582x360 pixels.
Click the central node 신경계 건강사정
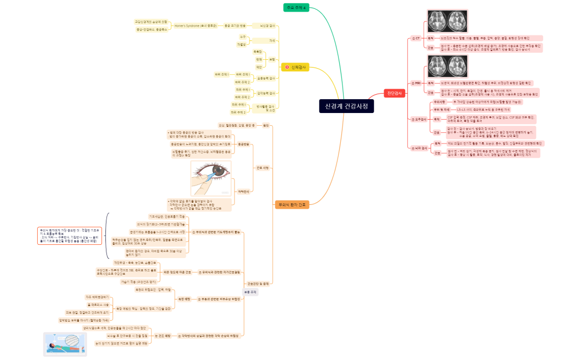coord(346,106)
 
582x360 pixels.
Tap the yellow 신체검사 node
coord(295,67)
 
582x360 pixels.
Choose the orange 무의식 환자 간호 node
coord(292,204)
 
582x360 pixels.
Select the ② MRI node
coord(416,83)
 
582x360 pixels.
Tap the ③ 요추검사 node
coord(418,119)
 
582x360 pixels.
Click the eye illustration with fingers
coord(211,178)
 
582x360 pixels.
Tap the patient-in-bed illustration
coord(65,344)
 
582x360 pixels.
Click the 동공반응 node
coord(243,144)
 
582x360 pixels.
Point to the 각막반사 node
coord(243,191)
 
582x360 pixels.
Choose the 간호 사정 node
coord(263,167)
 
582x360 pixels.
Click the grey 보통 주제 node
coord(251,292)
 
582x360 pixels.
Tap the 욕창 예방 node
coord(184,299)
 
